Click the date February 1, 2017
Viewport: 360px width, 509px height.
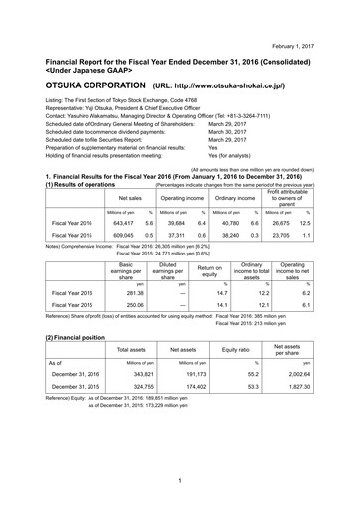click(x=321, y=18)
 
